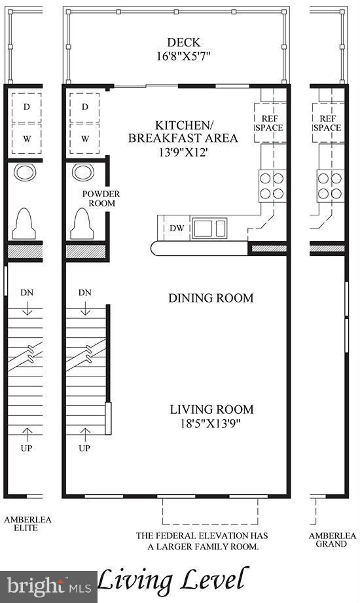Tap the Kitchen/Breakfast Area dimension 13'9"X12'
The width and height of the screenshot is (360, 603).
pyautogui.click(x=183, y=151)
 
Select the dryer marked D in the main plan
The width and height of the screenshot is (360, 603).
pyautogui.click(x=85, y=107)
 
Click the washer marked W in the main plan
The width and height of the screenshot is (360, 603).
pyautogui.click(x=85, y=138)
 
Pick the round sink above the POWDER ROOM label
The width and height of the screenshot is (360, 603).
pyautogui.click(x=84, y=173)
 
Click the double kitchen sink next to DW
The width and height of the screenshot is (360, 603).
pyautogui.click(x=209, y=228)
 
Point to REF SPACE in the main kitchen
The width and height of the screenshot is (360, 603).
pyautogui.click(x=269, y=123)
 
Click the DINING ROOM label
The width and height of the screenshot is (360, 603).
pyautogui.click(x=211, y=298)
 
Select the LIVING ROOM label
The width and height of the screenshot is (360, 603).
pyautogui.click(x=211, y=409)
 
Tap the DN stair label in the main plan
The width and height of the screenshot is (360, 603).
pyautogui.click(x=84, y=293)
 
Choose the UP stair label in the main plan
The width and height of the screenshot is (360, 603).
pyautogui.click(x=84, y=448)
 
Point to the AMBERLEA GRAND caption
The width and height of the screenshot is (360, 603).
pyautogui.click(x=333, y=539)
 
